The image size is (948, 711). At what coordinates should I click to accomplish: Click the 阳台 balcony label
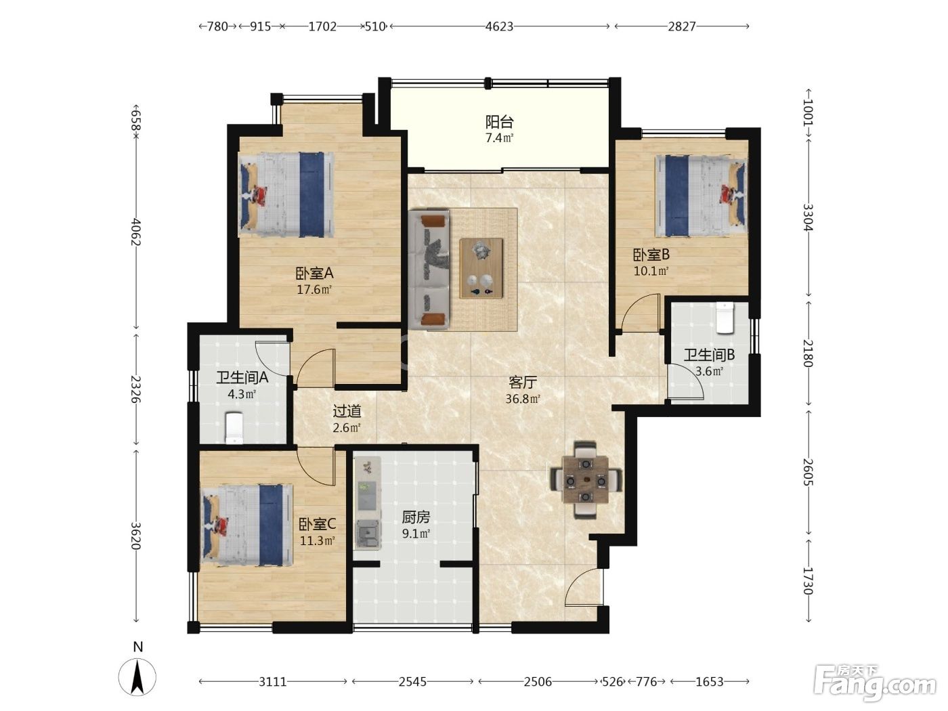[499, 122]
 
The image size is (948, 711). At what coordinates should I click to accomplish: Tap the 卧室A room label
[314, 273]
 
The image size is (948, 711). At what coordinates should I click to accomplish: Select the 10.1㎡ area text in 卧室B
[651, 271]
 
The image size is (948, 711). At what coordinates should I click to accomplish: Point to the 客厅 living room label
[523, 382]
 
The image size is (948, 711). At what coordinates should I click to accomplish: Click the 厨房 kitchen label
[416, 517]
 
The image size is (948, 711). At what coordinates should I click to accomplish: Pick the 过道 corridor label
[347, 411]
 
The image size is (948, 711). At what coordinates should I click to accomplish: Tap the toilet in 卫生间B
[725, 318]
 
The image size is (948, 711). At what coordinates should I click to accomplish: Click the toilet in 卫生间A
[234, 428]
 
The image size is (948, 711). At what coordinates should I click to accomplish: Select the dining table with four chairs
[586, 479]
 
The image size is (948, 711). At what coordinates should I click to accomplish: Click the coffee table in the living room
[481, 268]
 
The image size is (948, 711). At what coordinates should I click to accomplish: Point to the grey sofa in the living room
[429, 270]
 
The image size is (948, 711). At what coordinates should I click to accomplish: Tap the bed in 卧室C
[247, 525]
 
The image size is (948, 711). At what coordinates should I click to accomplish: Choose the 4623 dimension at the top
[499, 26]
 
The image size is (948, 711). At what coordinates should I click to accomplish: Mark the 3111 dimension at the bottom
[272, 681]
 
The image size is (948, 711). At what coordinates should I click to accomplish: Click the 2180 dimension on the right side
[808, 353]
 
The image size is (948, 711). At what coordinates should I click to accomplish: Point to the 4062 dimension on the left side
[136, 232]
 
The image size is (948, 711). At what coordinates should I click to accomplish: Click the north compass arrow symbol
[137, 677]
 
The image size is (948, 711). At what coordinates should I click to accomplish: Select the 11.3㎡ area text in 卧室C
[318, 540]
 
